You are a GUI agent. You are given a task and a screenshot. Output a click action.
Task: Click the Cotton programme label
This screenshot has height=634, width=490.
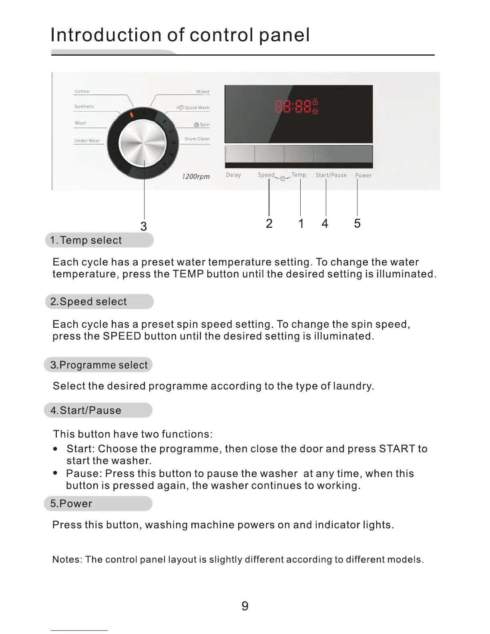[x=82, y=91]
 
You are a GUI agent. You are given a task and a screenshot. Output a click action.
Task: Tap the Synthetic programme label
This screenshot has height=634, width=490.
[x=84, y=106]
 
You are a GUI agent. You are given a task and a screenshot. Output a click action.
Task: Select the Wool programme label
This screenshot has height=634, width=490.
[x=80, y=123]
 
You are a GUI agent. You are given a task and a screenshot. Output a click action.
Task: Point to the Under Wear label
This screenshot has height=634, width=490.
[x=87, y=140]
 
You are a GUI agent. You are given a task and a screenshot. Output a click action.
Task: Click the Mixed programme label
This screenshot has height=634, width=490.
[x=203, y=92]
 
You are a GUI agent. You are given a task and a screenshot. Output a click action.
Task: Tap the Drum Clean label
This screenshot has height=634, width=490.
[x=197, y=139]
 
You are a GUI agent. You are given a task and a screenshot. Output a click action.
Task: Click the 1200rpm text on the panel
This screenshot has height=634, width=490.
[x=196, y=177]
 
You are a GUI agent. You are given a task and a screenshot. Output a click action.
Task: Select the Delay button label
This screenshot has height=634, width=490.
[x=233, y=175]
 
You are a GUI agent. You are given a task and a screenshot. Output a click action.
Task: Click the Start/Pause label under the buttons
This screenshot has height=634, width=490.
[x=331, y=175]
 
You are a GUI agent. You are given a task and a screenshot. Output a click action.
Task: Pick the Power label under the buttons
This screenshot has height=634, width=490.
[x=363, y=175]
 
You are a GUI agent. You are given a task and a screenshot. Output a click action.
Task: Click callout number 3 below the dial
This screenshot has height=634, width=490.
[x=144, y=227]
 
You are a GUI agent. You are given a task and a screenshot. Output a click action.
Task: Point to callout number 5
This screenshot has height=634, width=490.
[x=357, y=223]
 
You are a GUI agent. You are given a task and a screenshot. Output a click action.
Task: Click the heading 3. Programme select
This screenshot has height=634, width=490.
[x=99, y=365]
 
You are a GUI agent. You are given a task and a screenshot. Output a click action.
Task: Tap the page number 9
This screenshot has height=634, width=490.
[x=245, y=606]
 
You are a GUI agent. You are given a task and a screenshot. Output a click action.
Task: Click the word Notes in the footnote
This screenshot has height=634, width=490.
[x=66, y=560]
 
